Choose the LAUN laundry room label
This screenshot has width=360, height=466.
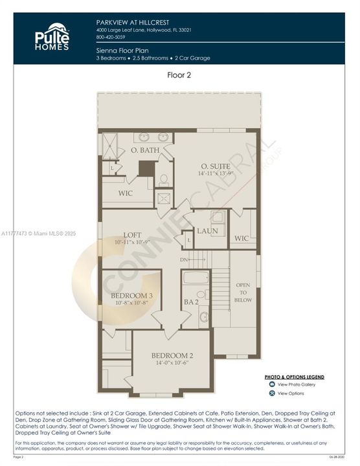[x=207, y=230]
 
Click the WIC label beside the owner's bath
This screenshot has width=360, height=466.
[x=126, y=194]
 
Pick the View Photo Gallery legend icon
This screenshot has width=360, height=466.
[x=272, y=384]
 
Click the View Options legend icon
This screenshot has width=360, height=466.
[x=272, y=394]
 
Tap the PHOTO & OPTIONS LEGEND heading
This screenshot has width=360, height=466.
[x=295, y=376]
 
